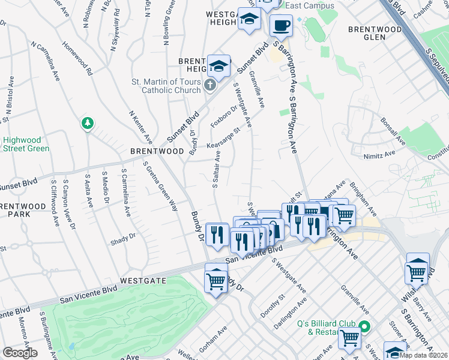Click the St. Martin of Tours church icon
pyautogui.click(x=209, y=85)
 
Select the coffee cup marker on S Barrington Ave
pyautogui.click(x=280, y=25)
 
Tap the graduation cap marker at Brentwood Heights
pyautogui.click(x=219, y=66)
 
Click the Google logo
pyautogui.click(x=20, y=353)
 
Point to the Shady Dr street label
pyautogui.click(x=123, y=239)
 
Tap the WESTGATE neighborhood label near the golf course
pyautogui.click(x=142, y=280)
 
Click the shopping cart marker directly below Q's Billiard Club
pyautogui.click(x=349, y=338)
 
